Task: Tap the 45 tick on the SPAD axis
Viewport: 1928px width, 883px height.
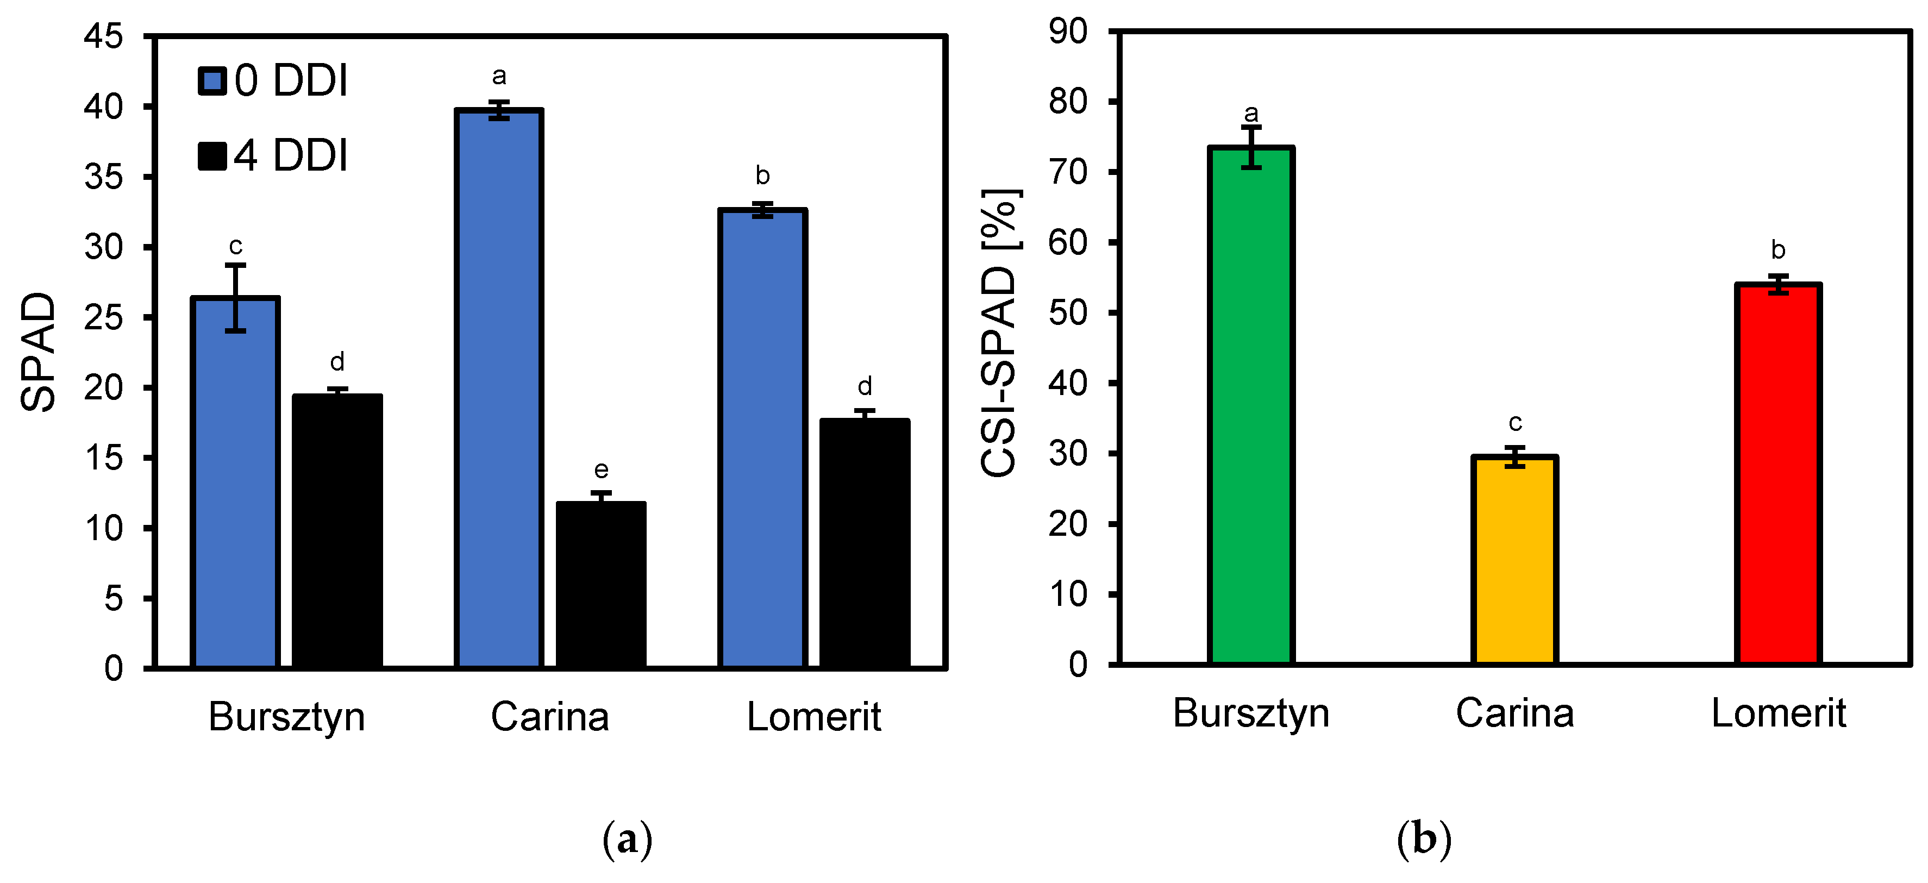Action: coord(103,36)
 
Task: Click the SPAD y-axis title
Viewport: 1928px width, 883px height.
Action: coord(37,352)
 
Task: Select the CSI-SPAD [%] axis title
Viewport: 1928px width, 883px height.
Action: coord(999,333)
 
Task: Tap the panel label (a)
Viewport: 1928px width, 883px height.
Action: coord(627,840)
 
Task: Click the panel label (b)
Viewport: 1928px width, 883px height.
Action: coord(1424,840)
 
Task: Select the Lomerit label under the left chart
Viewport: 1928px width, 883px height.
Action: coord(813,717)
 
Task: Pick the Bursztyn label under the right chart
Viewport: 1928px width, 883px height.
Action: coord(1251,713)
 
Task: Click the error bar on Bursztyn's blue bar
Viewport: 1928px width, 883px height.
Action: coord(235,297)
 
